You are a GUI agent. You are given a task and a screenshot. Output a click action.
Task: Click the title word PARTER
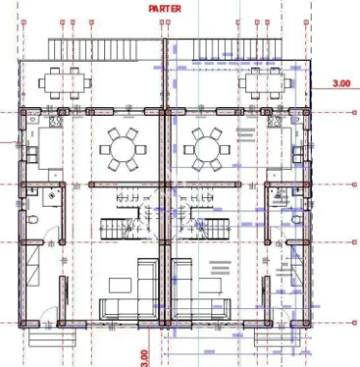(166, 8)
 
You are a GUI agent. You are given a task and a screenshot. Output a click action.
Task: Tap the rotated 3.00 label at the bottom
(145, 356)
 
